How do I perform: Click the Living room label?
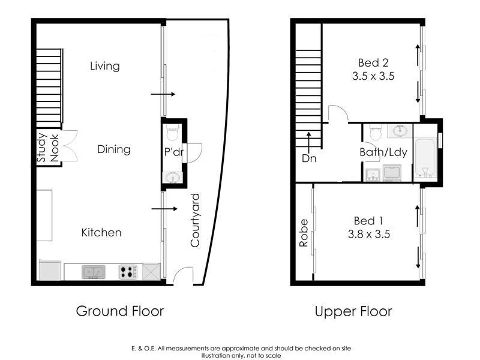(x=104, y=66)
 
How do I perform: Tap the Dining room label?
(x=113, y=149)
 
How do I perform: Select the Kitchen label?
(x=101, y=232)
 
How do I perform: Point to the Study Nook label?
(x=48, y=148)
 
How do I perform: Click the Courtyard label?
(x=196, y=220)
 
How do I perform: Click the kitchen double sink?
(x=92, y=272)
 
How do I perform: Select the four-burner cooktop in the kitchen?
(x=128, y=272)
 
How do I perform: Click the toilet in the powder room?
(x=173, y=131)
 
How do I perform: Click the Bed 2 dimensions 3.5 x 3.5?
(x=376, y=76)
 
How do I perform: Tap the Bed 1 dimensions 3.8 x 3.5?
(x=369, y=234)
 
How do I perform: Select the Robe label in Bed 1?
(x=304, y=232)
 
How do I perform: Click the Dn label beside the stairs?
(x=309, y=158)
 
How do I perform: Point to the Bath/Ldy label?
(x=383, y=152)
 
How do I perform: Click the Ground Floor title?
(x=119, y=311)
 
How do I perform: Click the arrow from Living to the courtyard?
(x=162, y=94)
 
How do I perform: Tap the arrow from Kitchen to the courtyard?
(x=163, y=209)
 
